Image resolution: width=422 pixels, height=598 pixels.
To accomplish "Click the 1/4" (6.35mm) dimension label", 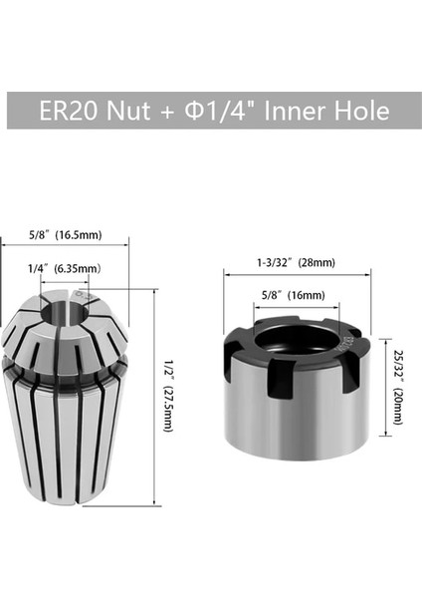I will [x=63, y=268].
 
